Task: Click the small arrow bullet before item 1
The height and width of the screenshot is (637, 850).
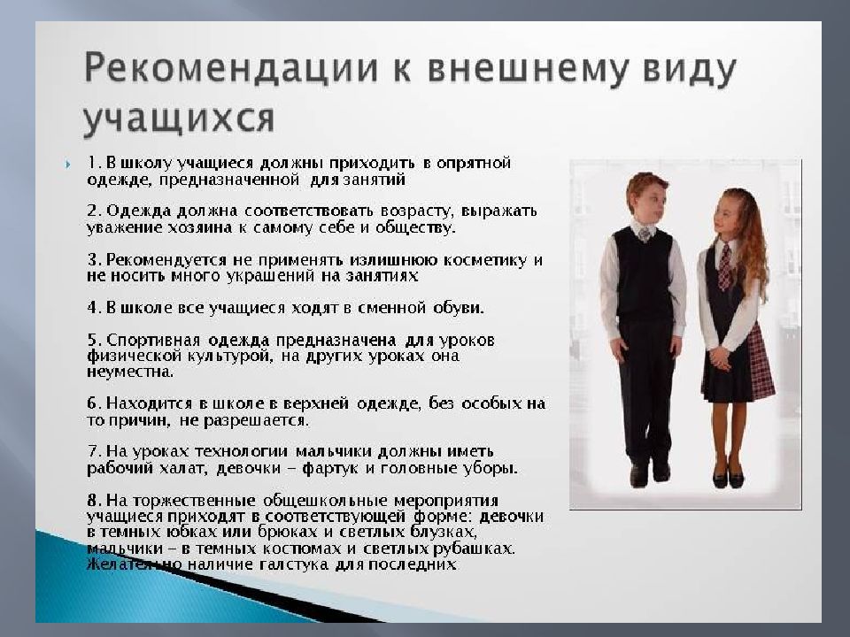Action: (x=67, y=165)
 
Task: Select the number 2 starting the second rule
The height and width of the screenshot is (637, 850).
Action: (x=91, y=212)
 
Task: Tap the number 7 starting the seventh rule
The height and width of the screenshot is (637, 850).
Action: (x=91, y=451)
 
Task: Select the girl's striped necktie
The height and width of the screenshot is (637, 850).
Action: (x=724, y=265)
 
